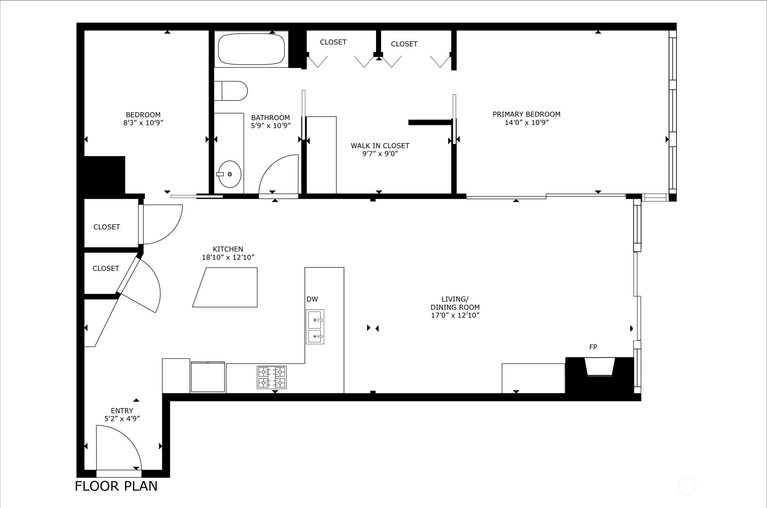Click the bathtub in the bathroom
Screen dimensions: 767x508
pyautogui.click(x=251, y=49)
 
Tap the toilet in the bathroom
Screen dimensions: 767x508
pyautogui.click(x=231, y=91)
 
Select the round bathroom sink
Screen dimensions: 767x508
pyautogui.click(x=229, y=174)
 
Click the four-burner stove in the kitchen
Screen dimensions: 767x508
pyautogui.click(x=272, y=377)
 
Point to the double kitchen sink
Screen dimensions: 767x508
pyautogui.click(x=315, y=327)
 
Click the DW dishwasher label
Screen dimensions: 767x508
pyautogui.click(x=312, y=299)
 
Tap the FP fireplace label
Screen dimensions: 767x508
pyautogui.click(x=593, y=347)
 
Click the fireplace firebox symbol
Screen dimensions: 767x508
pyautogui.click(x=599, y=366)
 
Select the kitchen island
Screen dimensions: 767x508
pyautogui.click(x=225, y=287)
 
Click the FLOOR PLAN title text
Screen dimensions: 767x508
pyautogui.click(x=116, y=486)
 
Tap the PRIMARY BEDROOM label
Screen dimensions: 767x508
pyautogui.click(x=527, y=114)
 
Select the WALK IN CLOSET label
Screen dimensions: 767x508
pyautogui.click(x=380, y=146)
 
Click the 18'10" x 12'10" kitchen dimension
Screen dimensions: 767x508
pyautogui.click(x=228, y=257)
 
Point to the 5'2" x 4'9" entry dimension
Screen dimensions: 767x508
pyautogui.click(x=122, y=418)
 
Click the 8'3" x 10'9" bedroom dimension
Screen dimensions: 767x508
pyautogui.click(x=143, y=123)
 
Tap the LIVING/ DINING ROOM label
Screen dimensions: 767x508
pyautogui.click(x=455, y=303)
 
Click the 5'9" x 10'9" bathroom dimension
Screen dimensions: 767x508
pyautogui.click(x=271, y=126)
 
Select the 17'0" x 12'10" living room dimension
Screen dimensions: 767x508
pyautogui.click(x=455, y=315)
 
